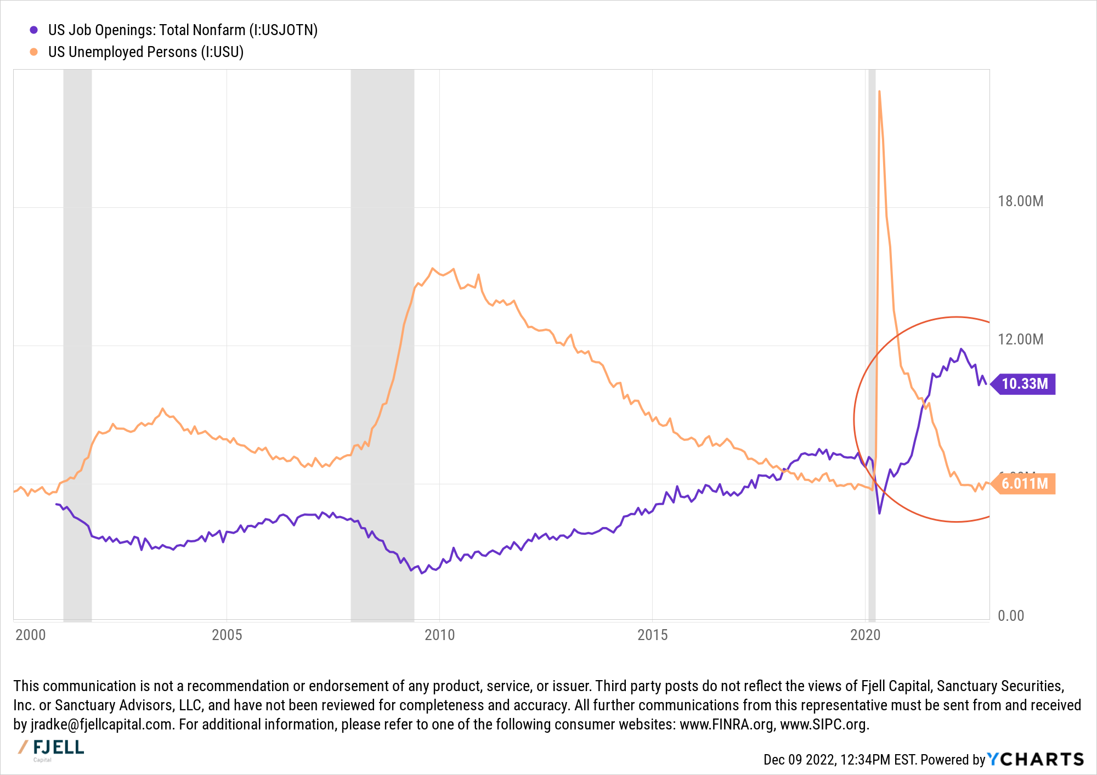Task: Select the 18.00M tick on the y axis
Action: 1020,201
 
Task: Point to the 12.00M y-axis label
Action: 1020,340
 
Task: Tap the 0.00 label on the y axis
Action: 1011,616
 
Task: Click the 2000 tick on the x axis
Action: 31,635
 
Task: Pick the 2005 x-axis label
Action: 227,635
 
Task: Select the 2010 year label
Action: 440,635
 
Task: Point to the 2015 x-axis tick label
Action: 653,635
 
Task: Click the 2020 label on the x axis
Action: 865,635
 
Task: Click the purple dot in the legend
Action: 34,30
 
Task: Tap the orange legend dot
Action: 34,52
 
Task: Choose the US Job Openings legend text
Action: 183,30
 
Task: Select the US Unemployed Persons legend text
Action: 146,52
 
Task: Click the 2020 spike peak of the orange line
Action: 879,92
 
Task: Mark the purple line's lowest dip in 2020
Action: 880,513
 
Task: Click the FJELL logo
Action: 52,749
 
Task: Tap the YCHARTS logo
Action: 1036,759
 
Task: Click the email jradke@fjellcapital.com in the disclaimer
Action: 101,725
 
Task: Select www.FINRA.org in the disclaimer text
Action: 727,725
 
